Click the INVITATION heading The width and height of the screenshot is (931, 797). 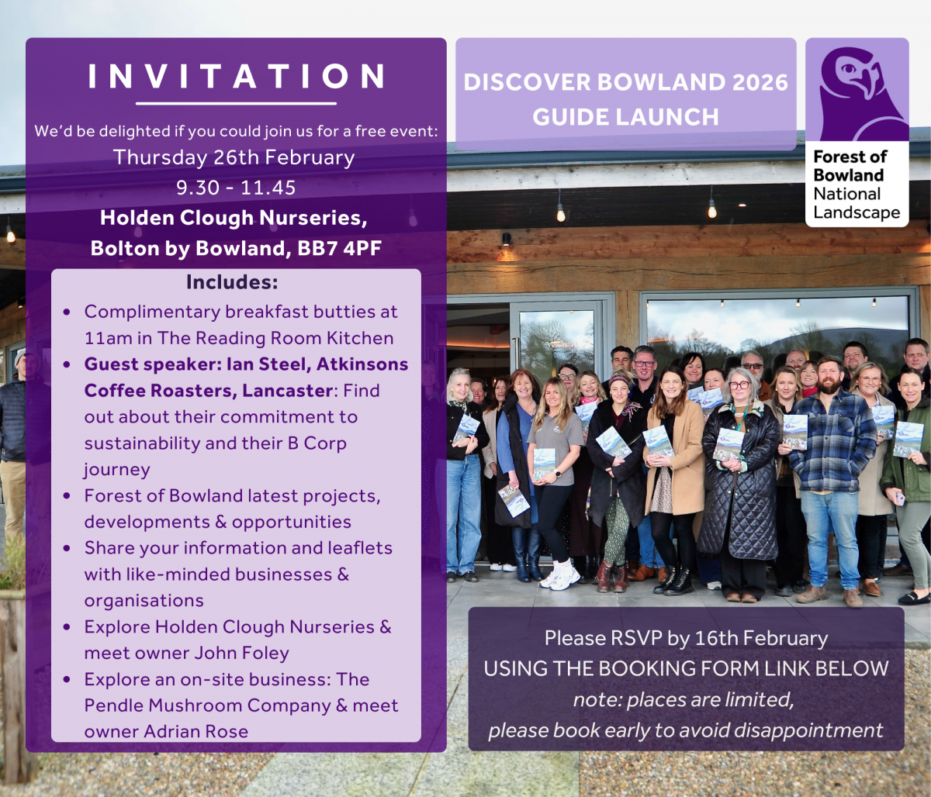click(x=236, y=76)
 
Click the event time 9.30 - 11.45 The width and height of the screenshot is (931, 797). click(x=236, y=188)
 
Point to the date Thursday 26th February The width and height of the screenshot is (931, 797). click(x=234, y=158)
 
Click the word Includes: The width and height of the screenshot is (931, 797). click(x=232, y=282)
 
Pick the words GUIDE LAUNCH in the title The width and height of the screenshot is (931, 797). click(x=625, y=117)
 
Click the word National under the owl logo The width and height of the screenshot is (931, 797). click(x=846, y=194)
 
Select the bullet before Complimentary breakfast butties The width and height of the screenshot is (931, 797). click(x=67, y=312)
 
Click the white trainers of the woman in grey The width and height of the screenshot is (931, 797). click(x=561, y=577)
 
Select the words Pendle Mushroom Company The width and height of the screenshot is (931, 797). click(x=207, y=706)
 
